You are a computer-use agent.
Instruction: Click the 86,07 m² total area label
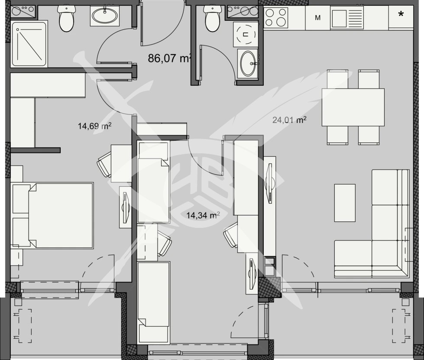[169, 58]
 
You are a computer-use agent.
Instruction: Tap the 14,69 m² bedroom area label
[95, 126]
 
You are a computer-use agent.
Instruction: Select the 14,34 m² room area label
[203, 215]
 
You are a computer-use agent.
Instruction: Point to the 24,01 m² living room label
[289, 120]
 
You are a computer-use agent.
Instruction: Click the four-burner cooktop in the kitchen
[276, 17]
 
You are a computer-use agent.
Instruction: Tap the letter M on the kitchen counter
[318, 18]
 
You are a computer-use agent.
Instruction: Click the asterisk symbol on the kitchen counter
[401, 13]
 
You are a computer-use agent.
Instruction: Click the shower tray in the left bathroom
[29, 44]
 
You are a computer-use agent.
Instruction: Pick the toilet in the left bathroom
[66, 19]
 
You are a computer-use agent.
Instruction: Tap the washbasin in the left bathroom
[105, 16]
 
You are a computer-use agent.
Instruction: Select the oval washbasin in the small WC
[247, 63]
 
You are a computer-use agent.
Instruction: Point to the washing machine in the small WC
[245, 34]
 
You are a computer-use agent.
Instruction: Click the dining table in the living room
[353, 107]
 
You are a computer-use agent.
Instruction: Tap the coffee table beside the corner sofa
[345, 203]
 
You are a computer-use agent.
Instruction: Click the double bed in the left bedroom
[53, 215]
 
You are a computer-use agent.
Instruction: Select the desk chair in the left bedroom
[104, 164]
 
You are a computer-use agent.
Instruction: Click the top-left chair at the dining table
[337, 79]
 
